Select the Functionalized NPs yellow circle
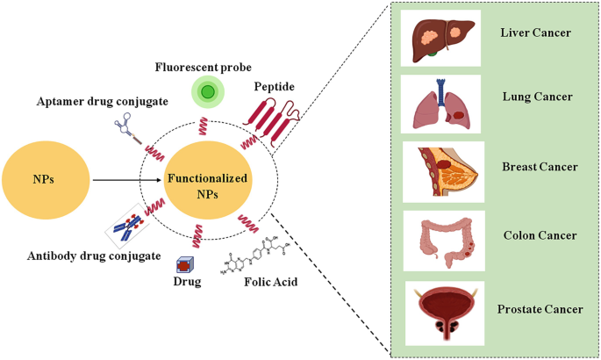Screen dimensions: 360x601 (207, 185)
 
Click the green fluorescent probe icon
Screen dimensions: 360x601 (207, 91)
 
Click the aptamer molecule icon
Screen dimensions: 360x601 (130, 130)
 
